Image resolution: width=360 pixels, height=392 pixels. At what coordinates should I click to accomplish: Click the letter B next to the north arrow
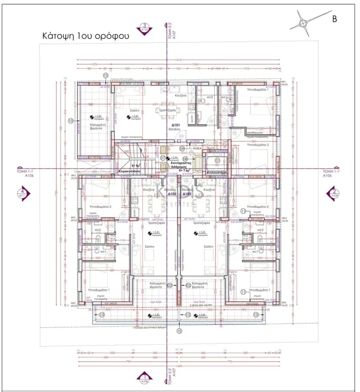[335, 19]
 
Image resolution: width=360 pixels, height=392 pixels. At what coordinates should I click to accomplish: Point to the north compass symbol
[304, 23]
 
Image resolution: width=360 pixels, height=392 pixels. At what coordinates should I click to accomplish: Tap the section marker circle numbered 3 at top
[145, 27]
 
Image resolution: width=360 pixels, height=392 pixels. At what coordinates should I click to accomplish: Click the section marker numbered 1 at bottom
[145, 378]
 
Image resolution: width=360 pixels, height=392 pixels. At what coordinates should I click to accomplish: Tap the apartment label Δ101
[176, 126]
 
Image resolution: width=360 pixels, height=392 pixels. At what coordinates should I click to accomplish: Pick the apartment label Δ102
[172, 193]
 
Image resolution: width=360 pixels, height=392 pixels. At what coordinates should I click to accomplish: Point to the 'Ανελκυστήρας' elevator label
[217, 172]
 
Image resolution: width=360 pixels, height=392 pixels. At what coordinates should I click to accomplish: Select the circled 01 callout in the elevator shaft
[217, 160]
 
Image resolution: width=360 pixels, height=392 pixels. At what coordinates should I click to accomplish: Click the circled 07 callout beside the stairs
[163, 158]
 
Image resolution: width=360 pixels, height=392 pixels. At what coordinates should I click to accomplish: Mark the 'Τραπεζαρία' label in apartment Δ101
[167, 110]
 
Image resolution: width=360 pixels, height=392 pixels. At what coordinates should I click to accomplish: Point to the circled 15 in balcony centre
[188, 315]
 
